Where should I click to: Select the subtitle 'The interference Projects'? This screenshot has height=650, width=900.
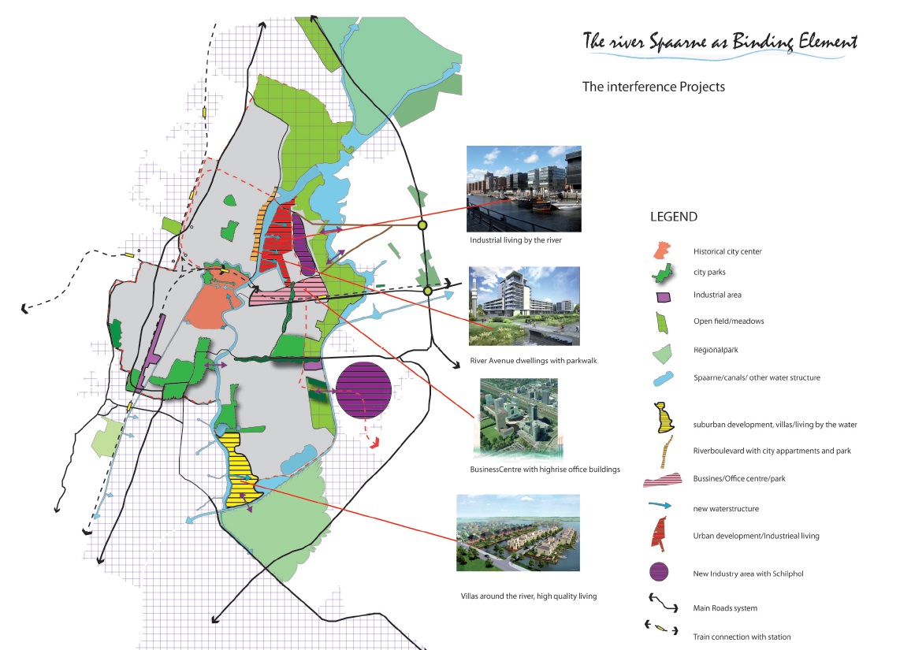tap(653, 87)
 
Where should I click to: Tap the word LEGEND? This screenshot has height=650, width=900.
tap(674, 216)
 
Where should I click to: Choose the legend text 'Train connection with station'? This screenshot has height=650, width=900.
tap(742, 637)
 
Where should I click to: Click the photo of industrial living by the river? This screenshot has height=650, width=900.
tap(524, 188)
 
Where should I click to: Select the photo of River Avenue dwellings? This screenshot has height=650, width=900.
tap(524, 306)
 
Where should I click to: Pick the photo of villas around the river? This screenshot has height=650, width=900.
tap(518, 533)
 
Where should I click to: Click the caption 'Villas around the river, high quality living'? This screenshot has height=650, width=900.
tap(529, 596)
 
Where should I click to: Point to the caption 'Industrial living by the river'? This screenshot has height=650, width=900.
tap(515, 241)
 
